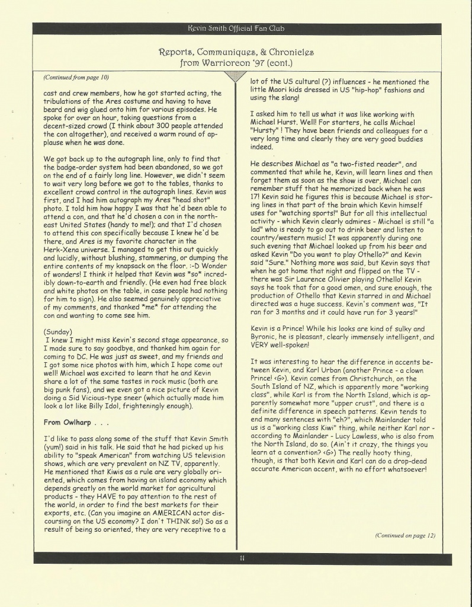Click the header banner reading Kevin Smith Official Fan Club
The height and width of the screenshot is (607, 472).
pos(236,27)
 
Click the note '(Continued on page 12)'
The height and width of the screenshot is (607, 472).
pos(406,535)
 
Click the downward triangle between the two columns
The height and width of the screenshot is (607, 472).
pos(236,77)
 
